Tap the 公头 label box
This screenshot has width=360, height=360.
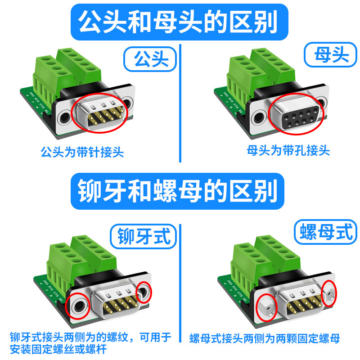point(148,59)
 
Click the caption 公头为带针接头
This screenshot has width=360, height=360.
point(82,152)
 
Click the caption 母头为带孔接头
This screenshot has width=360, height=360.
point(288,150)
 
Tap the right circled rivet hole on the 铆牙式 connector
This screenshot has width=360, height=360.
point(145,293)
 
